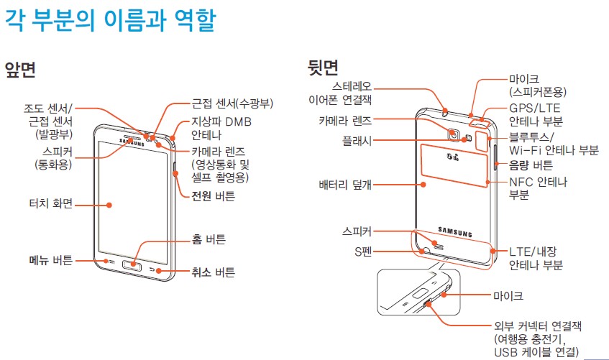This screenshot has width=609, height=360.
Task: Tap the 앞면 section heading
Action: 20,70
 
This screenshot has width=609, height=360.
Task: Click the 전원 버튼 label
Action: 214,195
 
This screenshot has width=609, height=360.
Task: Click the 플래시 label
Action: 357,142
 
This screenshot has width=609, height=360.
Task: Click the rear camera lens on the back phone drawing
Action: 454,134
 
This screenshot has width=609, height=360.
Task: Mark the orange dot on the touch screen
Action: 109,204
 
